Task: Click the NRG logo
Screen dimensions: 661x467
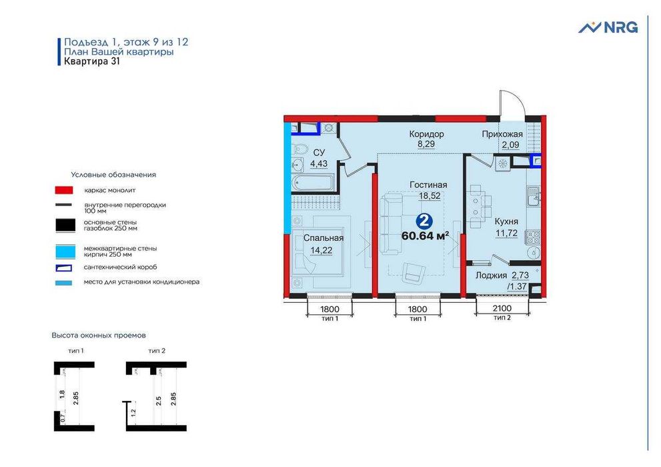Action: [x=608, y=27]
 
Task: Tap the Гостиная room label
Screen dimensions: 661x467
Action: [x=428, y=185]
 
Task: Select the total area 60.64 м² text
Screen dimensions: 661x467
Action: [x=424, y=236]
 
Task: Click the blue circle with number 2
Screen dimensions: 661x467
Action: [x=424, y=221]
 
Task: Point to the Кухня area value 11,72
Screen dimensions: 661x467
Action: [x=506, y=233]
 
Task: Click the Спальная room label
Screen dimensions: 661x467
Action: [x=323, y=238]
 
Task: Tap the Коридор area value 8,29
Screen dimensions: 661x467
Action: [x=426, y=143]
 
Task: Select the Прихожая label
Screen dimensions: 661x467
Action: [x=502, y=134]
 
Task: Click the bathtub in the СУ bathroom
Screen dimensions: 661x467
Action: [x=313, y=182]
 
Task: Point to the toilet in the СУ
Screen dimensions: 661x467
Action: [x=299, y=149]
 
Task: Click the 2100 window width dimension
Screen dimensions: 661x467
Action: [x=502, y=308]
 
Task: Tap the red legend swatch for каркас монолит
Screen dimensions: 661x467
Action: [x=63, y=190]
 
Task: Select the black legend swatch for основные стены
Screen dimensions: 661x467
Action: [x=65, y=225]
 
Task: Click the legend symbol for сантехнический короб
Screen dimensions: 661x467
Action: [x=63, y=268]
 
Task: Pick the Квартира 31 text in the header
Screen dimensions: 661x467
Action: [x=92, y=61]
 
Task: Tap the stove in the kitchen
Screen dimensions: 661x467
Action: [x=533, y=236]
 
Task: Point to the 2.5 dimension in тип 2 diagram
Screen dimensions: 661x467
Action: [x=159, y=400]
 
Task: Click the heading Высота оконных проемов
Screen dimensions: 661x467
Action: [x=99, y=336]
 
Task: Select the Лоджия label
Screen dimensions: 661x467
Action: [x=491, y=276]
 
